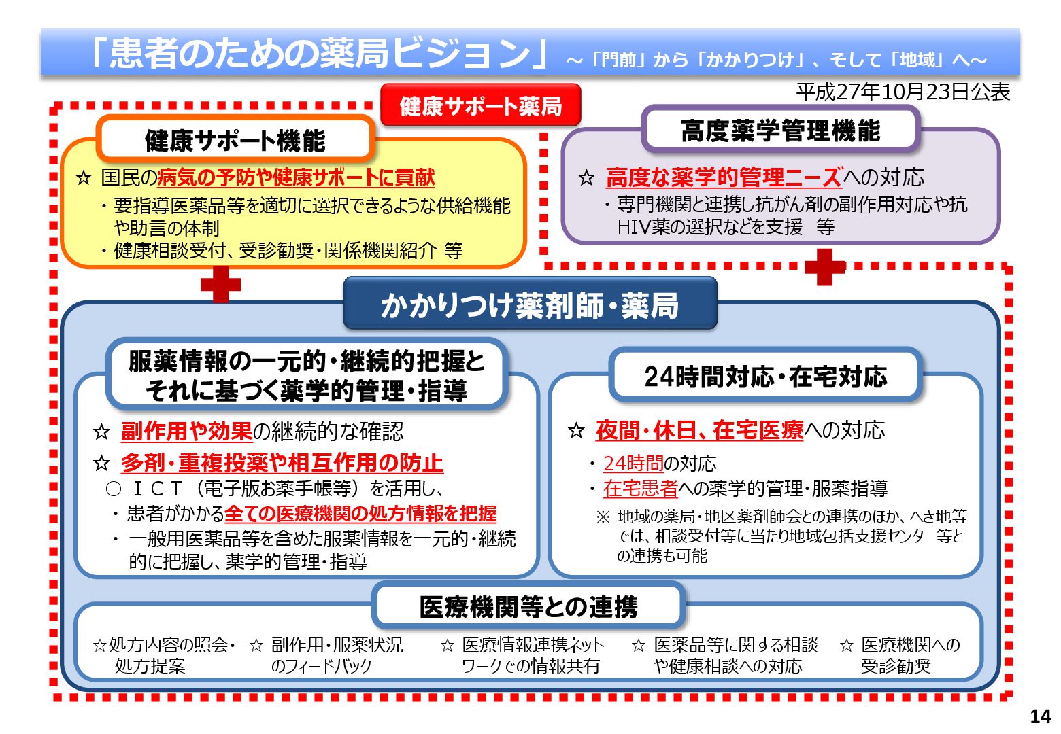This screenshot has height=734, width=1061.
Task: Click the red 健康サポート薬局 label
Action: pyautogui.click(x=480, y=105)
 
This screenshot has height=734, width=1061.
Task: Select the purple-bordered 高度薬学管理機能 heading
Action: pyautogui.click(x=780, y=130)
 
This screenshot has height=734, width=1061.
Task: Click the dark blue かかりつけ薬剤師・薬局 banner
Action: pyautogui.click(x=530, y=305)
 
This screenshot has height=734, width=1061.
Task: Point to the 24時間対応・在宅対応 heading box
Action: pyautogui.click(x=765, y=376)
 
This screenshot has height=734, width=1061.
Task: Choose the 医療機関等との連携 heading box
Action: pyautogui.click(x=528, y=606)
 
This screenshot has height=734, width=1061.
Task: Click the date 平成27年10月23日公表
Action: pyautogui.click(x=903, y=92)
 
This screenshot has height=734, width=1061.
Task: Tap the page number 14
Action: pyautogui.click(x=1040, y=716)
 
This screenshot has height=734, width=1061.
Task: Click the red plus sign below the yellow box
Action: pyautogui.click(x=221, y=284)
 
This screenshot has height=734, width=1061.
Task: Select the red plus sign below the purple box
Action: pyautogui.click(x=824, y=266)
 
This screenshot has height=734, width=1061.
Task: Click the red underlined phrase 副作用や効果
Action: pyautogui.click(x=186, y=431)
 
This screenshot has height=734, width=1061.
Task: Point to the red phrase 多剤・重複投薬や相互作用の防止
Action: pyautogui.click(x=282, y=463)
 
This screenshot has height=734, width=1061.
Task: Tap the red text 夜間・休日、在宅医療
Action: pyautogui.click(x=699, y=430)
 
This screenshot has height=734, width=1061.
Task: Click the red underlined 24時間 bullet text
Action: pyautogui.click(x=633, y=464)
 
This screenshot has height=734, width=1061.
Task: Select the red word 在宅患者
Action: pyautogui.click(x=640, y=489)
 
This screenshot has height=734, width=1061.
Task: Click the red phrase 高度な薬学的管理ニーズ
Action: pyautogui.click(x=724, y=177)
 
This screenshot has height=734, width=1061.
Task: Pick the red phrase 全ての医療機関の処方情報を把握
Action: pyautogui.click(x=360, y=514)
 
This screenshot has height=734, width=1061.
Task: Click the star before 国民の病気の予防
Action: pyautogui.click(x=84, y=178)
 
